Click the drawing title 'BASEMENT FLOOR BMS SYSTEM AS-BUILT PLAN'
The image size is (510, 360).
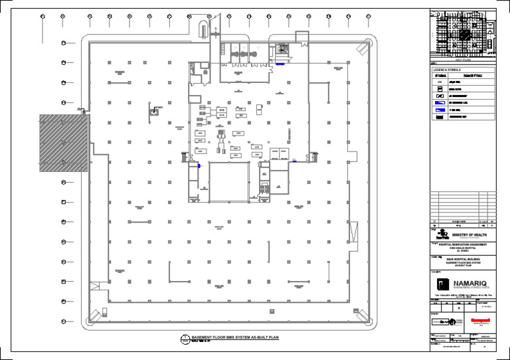235,337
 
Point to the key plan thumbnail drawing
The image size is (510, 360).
463,33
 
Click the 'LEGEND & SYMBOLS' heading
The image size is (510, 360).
448,70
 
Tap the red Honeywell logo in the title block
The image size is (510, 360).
480,319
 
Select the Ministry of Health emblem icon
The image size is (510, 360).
440,233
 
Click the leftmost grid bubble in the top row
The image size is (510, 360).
42,16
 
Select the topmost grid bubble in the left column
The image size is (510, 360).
64,44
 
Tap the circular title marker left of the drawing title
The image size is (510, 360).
185,339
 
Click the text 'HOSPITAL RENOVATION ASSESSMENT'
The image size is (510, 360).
463,243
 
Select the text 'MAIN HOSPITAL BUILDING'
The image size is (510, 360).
463,259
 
